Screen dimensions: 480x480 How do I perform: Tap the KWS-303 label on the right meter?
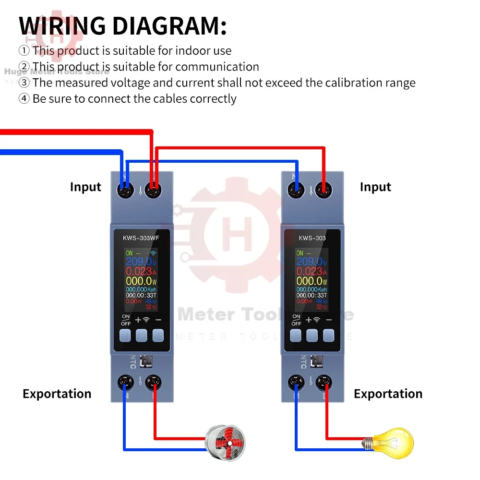click(x=312, y=238)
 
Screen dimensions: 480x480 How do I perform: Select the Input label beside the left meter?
click(x=85, y=187)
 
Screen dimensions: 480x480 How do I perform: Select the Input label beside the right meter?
click(x=375, y=187)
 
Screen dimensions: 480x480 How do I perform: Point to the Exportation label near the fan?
click(x=57, y=394)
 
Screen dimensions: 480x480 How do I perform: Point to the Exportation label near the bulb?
click(x=388, y=394)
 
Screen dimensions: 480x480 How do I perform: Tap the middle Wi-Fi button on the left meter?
click(x=141, y=335)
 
